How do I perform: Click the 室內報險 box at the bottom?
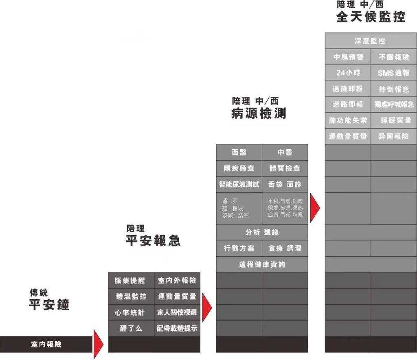[x=46, y=344]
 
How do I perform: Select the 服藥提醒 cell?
[x=131, y=281]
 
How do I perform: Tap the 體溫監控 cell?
[x=131, y=297]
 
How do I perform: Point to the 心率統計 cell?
[x=131, y=312]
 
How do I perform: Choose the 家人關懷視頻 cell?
[x=177, y=312]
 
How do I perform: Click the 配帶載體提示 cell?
[x=177, y=328]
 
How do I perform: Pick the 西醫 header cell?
[x=239, y=153]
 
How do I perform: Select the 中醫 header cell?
[x=285, y=153]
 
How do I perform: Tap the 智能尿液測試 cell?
[x=239, y=184]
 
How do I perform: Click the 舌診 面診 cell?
[x=285, y=184]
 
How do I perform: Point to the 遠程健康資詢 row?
[x=262, y=264]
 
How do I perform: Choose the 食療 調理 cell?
[x=285, y=248]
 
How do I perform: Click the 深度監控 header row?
[x=371, y=41]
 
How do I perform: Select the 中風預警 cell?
[x=348, y=57]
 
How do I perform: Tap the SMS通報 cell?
[x=394, y=73]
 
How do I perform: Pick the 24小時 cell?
[x=348, y=73]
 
